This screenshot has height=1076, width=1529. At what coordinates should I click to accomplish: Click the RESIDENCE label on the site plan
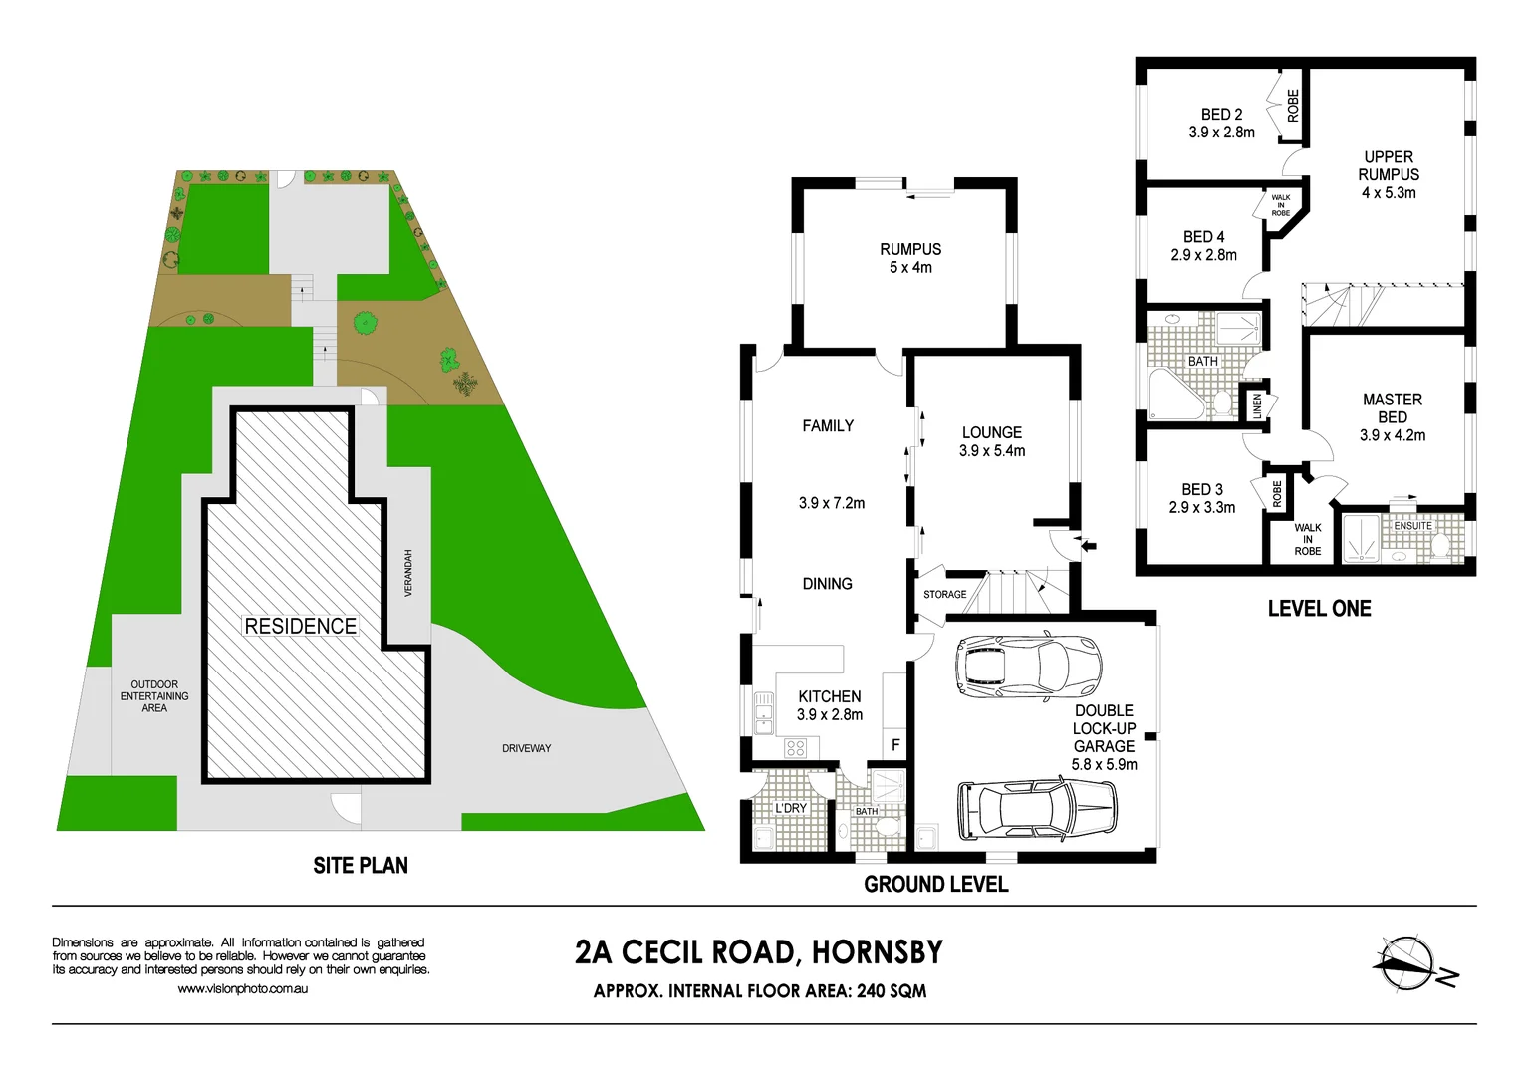click(x=300, y=626)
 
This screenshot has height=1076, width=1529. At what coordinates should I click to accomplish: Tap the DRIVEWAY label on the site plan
click(x=526, y=748)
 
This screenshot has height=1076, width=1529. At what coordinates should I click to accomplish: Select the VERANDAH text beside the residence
click(x=407, y=573)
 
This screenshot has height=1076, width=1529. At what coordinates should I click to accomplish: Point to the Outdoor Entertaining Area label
click(x=154, y=696)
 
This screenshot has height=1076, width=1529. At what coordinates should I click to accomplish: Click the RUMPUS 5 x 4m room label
click(x=910, y=258)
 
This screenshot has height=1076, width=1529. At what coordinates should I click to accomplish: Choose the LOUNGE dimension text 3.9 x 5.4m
click(x=992, y=451)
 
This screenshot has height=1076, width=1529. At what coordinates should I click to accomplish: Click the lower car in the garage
click(x=1037, y=808)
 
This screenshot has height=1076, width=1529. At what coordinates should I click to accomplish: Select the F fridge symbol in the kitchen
click(x=894, y=744)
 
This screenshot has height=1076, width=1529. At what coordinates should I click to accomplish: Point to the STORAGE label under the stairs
click(x=944, y=595)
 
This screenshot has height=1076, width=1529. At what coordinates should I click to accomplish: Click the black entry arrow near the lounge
click(x=1088, y=545)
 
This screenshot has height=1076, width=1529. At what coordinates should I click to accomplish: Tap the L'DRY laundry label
click(x=791, y=808)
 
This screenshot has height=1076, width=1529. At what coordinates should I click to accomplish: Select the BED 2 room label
click(x=1221, y=115)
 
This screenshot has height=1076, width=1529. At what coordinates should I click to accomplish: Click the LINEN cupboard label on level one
click(x=1257, y=404)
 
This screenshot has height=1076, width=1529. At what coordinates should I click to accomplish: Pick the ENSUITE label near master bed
click(x=1412, y=526)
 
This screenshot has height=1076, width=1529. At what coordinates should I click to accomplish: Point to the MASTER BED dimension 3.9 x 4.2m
click(x=1393, y=435)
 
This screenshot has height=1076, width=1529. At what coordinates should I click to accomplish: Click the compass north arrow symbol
click(x=1410, y=964)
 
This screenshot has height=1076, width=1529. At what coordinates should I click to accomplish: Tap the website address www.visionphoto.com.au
click(x=243, y=989)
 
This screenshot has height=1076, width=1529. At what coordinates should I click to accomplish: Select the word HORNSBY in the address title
click(x=877, y=952)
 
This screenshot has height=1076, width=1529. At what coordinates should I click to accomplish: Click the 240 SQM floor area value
click(x=892, y=991)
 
